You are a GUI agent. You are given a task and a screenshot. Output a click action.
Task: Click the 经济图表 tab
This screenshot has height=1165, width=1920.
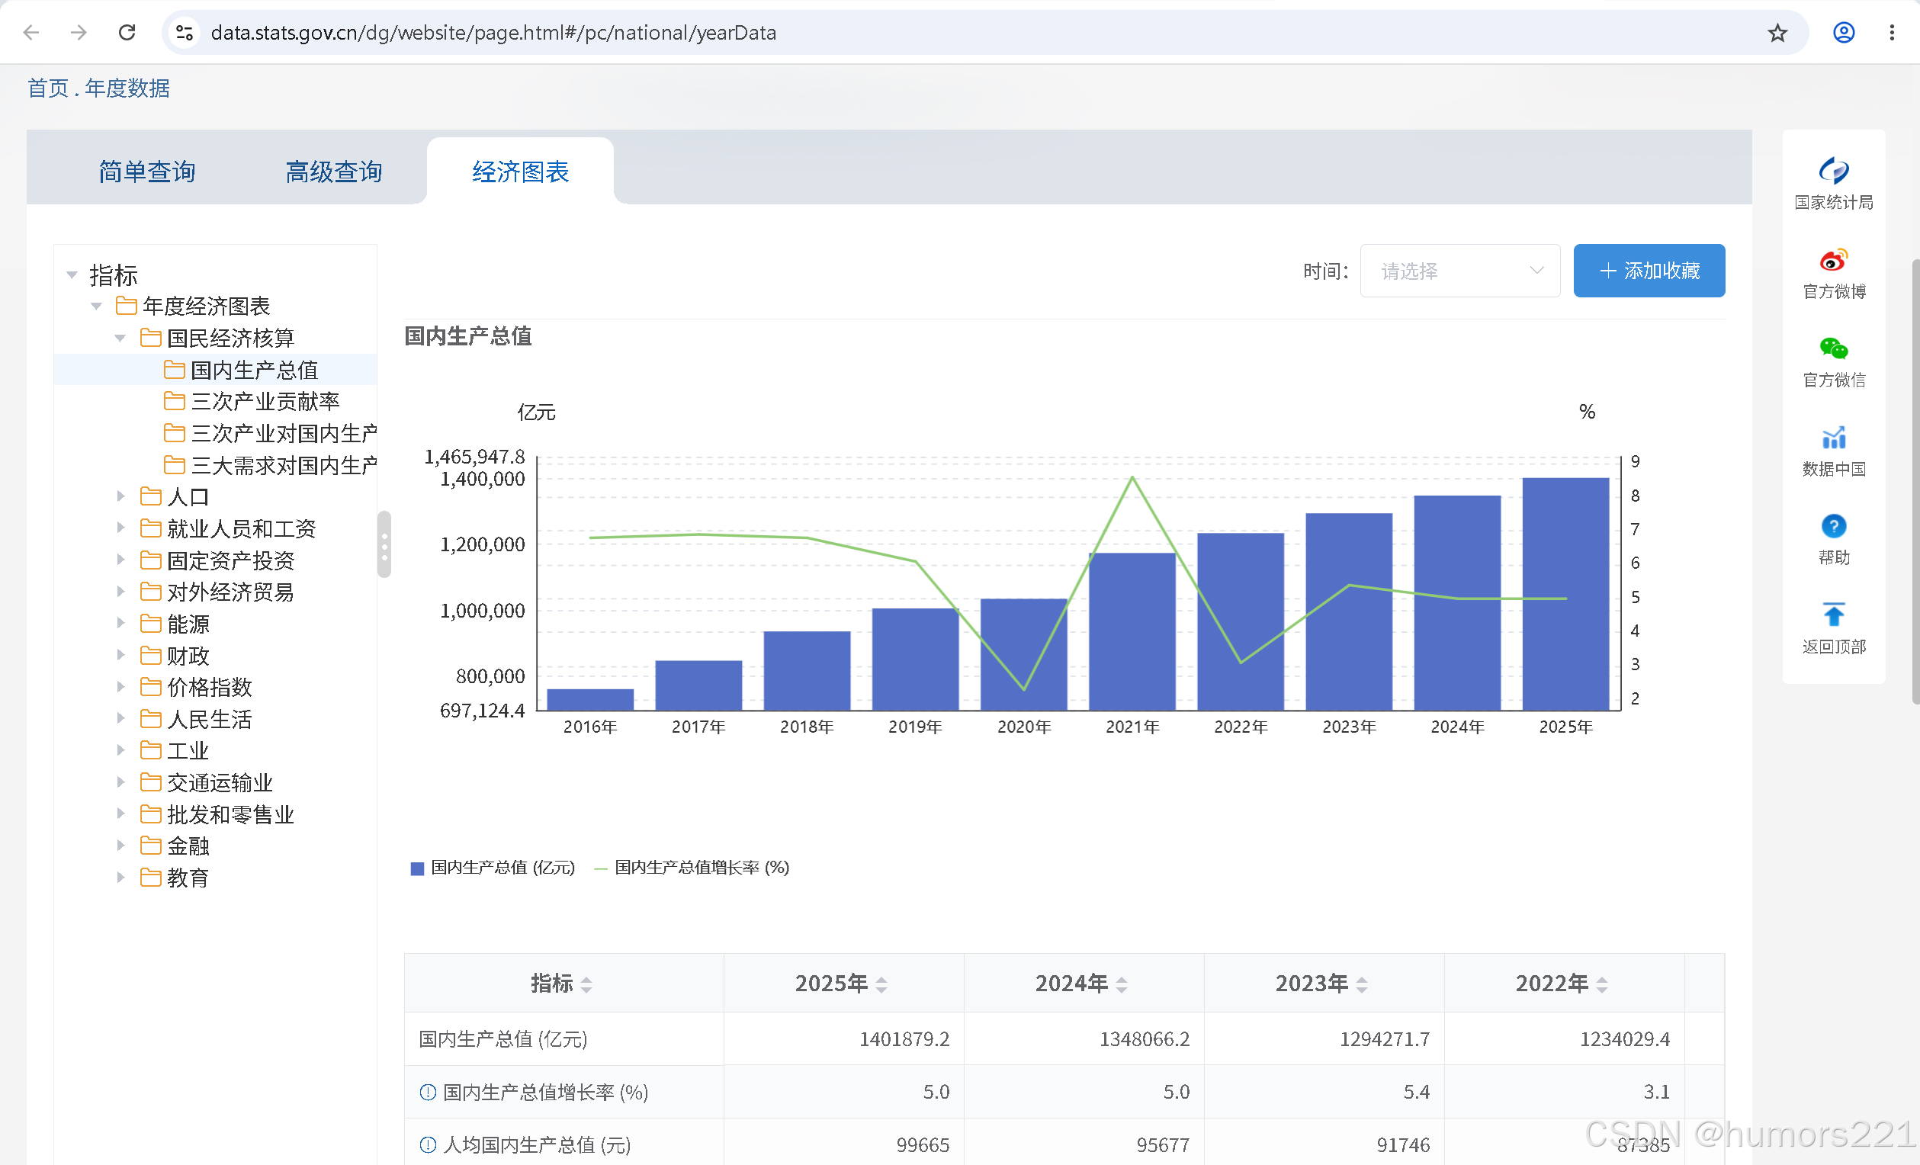coord(521,172)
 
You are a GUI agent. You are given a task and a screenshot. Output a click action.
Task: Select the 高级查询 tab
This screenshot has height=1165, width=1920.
coord(333,172)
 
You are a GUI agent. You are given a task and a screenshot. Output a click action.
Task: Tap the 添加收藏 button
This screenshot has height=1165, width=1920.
coord(1649,271)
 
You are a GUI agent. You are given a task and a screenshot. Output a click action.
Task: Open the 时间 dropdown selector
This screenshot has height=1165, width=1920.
coord(1459,271)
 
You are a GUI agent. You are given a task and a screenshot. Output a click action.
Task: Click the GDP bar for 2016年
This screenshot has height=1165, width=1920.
coord(590,699)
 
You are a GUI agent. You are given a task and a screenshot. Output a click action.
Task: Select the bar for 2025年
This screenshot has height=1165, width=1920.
coord(1565,594)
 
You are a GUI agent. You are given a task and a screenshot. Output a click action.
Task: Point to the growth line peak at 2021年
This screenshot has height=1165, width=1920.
coord(1132,477)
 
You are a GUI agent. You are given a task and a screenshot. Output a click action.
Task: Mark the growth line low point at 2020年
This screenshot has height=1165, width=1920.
coord(1024,689)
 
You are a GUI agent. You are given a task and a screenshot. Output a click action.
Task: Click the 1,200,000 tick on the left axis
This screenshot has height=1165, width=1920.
coord(483,544)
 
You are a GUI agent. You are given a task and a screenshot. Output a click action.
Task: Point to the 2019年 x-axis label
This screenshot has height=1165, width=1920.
coord(915,727)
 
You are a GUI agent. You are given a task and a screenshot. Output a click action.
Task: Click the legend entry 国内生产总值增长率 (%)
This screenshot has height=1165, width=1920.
coord(692,868)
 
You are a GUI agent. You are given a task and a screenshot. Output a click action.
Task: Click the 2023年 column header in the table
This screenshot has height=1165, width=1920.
coord(1312,984)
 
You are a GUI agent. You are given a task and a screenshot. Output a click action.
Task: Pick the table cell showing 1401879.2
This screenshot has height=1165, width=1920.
coord(904,1038)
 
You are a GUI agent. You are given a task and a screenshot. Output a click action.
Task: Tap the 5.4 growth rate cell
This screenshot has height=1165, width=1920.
coord(1416,1092)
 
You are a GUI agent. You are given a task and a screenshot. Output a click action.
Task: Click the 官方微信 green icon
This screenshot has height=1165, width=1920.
coord(1833,348)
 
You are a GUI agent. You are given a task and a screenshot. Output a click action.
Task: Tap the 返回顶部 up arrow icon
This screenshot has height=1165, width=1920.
coord(1833,614)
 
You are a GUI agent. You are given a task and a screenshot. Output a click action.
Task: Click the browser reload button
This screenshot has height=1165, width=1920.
coord(127,33)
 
